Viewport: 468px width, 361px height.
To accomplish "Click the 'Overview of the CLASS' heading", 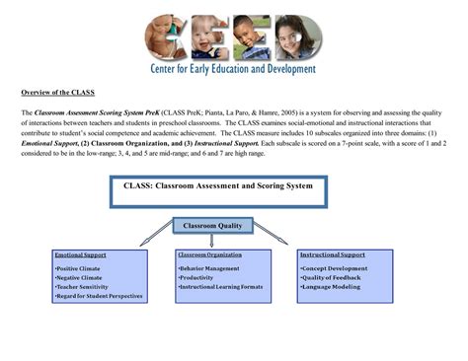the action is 58,94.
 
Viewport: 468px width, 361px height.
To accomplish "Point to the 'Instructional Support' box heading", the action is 332,255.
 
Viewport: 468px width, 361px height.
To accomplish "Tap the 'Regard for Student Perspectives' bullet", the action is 100,296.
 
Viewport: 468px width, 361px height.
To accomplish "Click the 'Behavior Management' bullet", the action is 209,268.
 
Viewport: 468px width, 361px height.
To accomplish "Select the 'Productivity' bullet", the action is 196,277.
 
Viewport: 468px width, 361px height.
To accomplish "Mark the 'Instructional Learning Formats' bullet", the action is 220,286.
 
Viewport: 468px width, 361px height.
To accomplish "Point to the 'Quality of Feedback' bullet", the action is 330,277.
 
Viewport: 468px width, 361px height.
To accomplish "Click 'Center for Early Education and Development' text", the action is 233,70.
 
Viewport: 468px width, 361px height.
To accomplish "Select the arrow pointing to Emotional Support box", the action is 157,235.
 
